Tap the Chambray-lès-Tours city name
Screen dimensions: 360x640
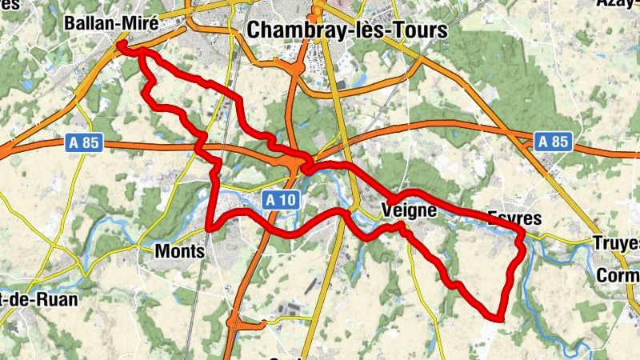tap(347, 30)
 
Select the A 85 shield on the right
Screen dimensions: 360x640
tap(553, 142)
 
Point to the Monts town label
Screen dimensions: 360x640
tap(180, 251)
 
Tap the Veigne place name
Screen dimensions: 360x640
tap(410, 210)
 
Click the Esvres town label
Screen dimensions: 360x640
tap(515, 218)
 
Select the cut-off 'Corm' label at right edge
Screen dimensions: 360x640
tap(618, 276)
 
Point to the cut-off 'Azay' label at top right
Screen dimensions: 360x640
tap(619, 5)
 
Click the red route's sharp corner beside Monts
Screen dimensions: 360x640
tap(210, 228)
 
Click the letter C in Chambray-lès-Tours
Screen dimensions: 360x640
tap(255, 30)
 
